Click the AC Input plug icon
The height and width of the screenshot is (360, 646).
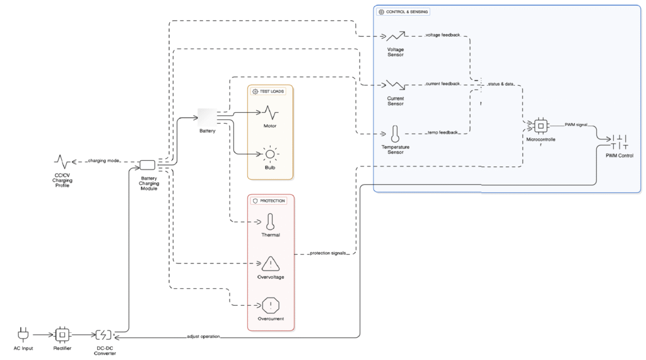24,334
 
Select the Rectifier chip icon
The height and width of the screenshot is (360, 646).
62,334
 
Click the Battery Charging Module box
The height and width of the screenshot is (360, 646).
148,165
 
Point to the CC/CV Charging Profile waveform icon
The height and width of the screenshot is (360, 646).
62,161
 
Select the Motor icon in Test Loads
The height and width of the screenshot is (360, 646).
270,113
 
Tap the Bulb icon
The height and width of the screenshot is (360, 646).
270,154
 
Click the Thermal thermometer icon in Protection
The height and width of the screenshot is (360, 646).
270,222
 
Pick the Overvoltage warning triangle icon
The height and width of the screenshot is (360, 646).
270,264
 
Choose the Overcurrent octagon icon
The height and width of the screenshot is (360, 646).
270,305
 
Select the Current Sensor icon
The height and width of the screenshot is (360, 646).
396,84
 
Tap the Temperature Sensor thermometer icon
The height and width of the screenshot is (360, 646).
396,134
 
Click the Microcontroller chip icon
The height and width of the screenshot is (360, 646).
540,125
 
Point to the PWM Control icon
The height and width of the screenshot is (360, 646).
619,142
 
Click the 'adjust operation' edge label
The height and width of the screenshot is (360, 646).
203,337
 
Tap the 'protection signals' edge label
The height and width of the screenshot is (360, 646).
327,253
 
